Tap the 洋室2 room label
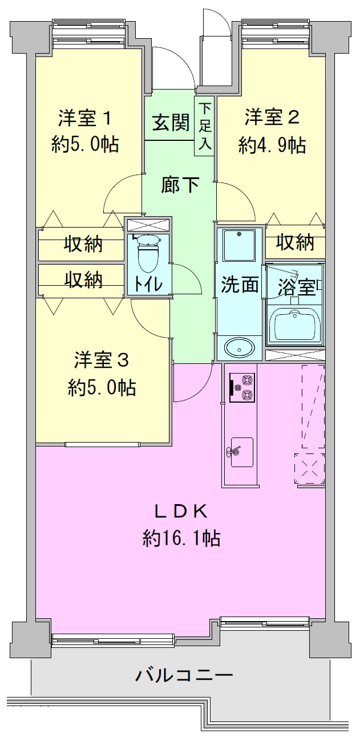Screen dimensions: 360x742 point(272,118)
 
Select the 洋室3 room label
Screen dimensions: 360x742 point(102,360)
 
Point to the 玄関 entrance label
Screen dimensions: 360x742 point(171,123)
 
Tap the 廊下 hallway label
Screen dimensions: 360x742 point(180,185)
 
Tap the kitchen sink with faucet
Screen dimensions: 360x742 point(241,452)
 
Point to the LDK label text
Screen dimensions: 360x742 point(181,512)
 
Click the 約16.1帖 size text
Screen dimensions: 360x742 point(181,538)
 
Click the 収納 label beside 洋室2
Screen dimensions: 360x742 point(296,242)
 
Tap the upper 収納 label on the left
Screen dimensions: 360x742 point(83,245)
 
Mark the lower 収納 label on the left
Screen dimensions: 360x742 point(83,280)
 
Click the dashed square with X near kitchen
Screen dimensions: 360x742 point(310,469)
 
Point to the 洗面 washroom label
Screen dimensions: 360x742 point(240,285)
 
